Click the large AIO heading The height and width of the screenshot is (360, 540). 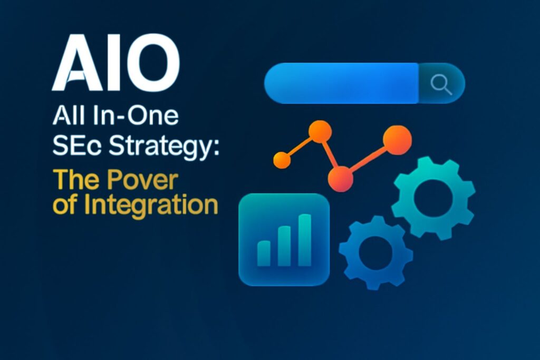coord(116,62)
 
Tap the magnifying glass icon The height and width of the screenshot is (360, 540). coord(441,84)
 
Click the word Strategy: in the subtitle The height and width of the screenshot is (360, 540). coord(164,147)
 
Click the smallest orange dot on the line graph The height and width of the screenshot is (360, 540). coord(282,160)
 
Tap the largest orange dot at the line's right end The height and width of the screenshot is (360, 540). coord(397,140)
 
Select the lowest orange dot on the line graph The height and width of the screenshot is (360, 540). coord(340,179)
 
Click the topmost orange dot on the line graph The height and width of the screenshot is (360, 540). coord(320,131)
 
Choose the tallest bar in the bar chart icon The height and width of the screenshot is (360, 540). coord(304,240)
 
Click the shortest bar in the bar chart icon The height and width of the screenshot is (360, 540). coord(264,254)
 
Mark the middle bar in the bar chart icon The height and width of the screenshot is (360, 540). coord(284,246)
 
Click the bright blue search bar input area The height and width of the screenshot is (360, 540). coord(341,83)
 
